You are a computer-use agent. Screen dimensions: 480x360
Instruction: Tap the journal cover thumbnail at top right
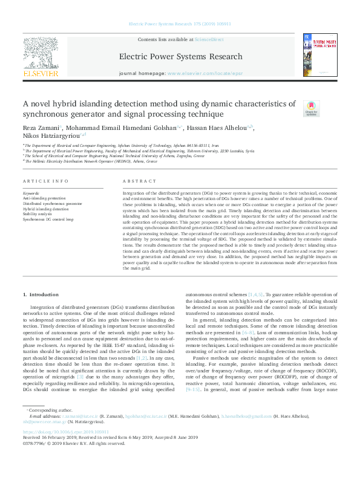pos(319,55)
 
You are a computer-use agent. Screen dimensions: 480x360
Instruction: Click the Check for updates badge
pos(312,108)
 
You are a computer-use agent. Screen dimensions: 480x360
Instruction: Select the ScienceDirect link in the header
pos(209,39)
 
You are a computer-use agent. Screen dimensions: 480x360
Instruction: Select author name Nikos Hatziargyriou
pos(53,137)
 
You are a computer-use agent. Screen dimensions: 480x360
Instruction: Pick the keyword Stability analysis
pos(38,213)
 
